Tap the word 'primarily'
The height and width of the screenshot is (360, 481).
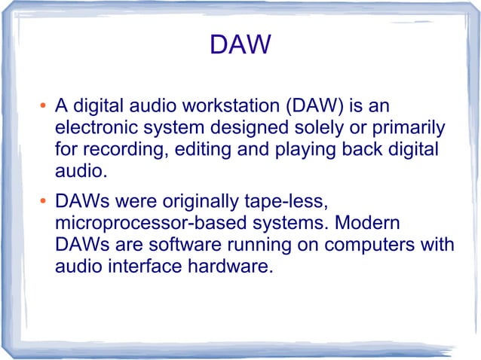(x=410, y=127)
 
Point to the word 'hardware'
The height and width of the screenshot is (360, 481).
(x=230, y=268)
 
